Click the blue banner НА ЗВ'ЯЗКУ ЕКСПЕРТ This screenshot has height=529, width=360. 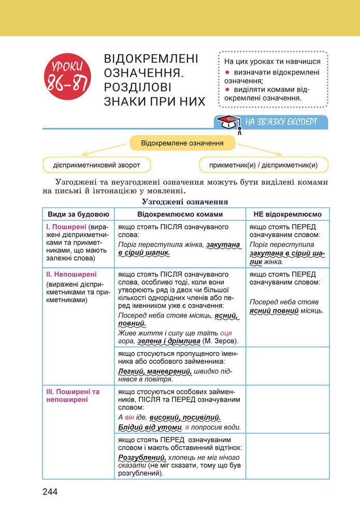[280, 123]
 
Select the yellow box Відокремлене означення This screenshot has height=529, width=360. [182, 142]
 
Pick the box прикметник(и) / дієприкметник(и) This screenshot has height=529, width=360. [263, 165]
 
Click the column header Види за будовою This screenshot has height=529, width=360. [78, 214]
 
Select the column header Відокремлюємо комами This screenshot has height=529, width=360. [180, 214]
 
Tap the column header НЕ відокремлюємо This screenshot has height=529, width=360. [287, 214]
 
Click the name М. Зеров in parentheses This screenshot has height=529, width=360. [221, 341]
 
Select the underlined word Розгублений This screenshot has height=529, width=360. [141, 458]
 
